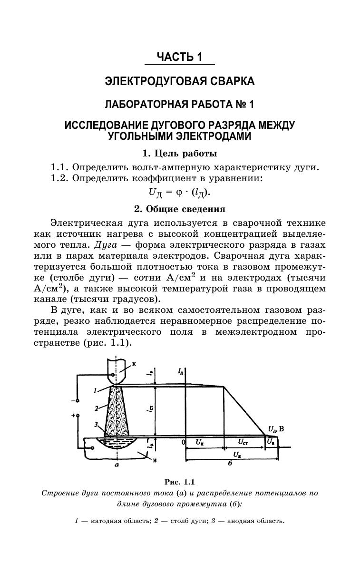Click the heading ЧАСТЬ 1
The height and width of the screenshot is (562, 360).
[180, 58]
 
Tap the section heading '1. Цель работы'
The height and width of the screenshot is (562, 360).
[180, 154]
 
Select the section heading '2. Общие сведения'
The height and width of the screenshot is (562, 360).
[180, 209]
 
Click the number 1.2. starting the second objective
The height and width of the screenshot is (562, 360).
[60, 178]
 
